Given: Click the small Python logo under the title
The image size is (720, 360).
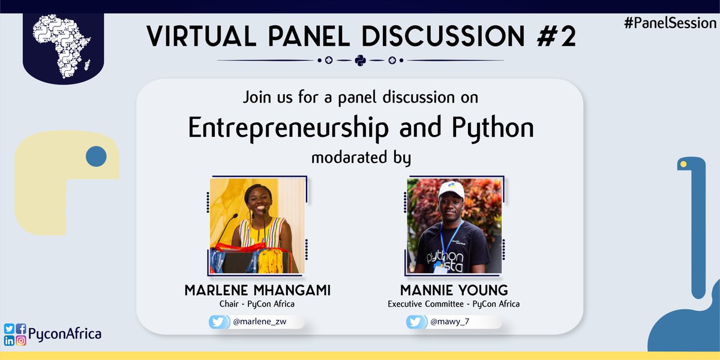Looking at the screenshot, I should click(x=360, y=61).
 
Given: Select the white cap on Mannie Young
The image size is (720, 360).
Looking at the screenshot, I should click(x=451, y=190).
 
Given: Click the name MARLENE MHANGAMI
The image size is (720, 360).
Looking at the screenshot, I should click(x=257, y=291).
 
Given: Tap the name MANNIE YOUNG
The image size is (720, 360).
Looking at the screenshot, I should click(x=453, y=291).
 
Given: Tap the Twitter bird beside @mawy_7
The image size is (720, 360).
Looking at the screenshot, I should click(x=415, y=322).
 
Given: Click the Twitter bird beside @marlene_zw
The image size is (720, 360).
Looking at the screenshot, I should click(x=217, y=322).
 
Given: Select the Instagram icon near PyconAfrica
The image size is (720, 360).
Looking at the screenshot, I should click(x=21, y=341).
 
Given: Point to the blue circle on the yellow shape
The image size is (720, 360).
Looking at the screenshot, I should click(x=96, y=157).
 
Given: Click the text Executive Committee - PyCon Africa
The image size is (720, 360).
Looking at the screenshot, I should click(x=454, y=304).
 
